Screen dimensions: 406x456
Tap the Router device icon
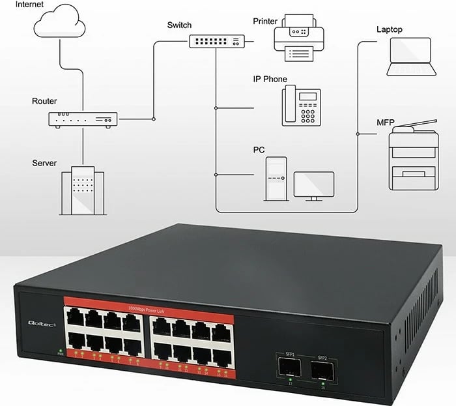tap(83, 119)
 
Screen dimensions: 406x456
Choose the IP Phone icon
tap(302, 106)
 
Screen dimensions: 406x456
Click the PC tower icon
tap(276, 178)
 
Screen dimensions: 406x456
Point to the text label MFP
tap(386, 123)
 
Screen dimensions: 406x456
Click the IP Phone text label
tap(270, 79)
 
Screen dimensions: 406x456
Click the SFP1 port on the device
tap(287, 368)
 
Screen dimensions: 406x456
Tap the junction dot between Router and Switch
tap(153, 119)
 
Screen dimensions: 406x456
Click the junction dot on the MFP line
tap(358, 134)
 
